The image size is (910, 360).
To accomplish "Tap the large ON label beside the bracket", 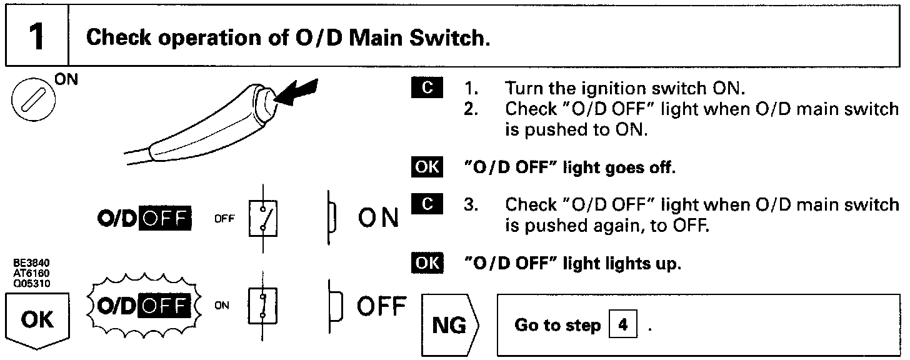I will click(x=378, y=218).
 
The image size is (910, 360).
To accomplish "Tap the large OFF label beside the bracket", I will click(x=381, y=306).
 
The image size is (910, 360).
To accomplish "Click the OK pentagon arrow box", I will click(x=37, y=321).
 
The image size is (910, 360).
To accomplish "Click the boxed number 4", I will click(x=622, y=326).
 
